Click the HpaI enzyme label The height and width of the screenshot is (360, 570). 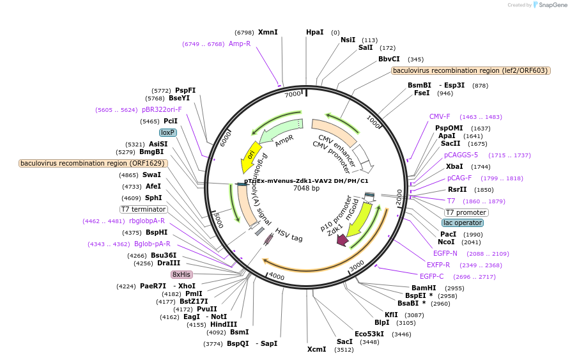click(314, 32)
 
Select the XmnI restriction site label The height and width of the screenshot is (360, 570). click(268, 32)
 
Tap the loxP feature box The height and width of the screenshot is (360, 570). click(168, 132)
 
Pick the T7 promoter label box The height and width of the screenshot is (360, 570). click(466, 212)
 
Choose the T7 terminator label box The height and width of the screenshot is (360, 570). click(144, 209)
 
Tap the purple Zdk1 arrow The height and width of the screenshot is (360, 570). click(342, 240)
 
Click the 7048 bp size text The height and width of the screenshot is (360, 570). click(306, 189)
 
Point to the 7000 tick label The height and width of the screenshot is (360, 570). click(292, 94)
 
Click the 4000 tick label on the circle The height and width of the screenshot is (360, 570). click(276, 276)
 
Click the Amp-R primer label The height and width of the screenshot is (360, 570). click(240, 44)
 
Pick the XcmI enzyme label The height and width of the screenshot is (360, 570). click(316, 349)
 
